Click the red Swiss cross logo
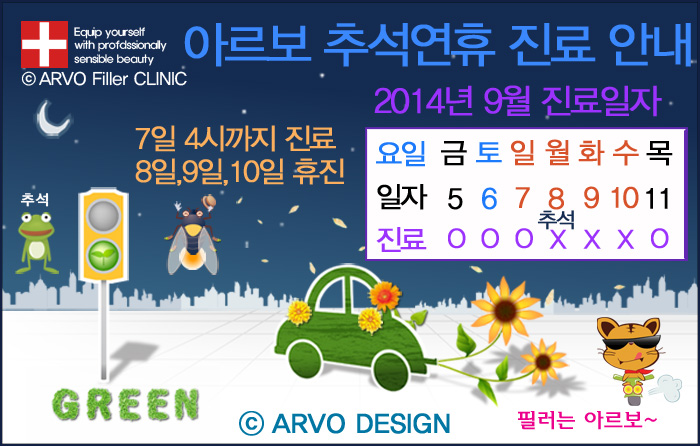click(x=44, y=44)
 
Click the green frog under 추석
click(x=36, y=242)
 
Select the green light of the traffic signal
click(x=104, y=256)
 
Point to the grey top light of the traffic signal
click(x=104, y=215)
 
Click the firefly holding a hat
click(x=193, y=236)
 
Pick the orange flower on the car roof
click(x=385, y=295)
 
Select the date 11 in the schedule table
click(x=658, y=199)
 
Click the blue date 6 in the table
click(x=489, y=199)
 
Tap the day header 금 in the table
click(x=454, y=153)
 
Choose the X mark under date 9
click(x=592, y=240)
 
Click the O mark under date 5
click(x=456, y=239)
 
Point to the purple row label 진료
click(x=401, y=239)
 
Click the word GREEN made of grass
click(x=126, y=404)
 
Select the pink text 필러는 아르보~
click(x=587, y=420)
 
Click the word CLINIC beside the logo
click(x=160, y=79)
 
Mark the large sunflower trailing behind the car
click(x=505, y=309)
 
